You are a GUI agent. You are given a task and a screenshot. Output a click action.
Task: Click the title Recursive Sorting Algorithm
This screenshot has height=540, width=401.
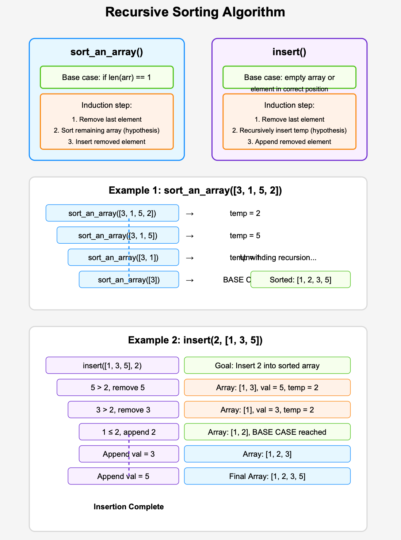(x=195, y=12)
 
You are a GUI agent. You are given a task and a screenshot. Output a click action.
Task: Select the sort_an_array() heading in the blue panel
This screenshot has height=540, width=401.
(x=107, y=52)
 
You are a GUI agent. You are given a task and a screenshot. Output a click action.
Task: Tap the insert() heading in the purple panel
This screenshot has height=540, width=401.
(x=289, y=52)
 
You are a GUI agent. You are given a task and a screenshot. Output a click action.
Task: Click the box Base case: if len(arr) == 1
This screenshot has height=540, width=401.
(x=107, y=77)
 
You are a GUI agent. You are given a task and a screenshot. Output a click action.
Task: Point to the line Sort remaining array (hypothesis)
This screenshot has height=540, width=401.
(x=107, y=130)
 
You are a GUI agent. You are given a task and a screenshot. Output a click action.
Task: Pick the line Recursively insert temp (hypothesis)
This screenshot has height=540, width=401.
(x=289, y=130)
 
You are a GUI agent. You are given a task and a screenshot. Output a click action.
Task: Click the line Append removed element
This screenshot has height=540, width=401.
(x=289, y=142)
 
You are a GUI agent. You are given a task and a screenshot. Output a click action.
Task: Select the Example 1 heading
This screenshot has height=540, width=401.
(x=195, y=190)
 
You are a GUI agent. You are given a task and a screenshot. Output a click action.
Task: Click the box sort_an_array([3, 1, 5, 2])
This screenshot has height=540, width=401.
(x=112, y=213)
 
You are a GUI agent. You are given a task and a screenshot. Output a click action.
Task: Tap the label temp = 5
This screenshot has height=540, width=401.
(x=245, y=236)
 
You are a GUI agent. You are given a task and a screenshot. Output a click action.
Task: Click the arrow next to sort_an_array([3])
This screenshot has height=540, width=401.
(x=190, y=280)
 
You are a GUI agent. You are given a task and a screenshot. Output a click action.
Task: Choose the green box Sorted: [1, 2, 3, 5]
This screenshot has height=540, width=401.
(x=300, y=280)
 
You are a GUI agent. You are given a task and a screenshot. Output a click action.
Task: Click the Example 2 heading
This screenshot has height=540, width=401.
(x=195, y=340)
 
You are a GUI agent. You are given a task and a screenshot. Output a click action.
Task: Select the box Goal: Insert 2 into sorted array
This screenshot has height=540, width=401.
(x=267, y=365)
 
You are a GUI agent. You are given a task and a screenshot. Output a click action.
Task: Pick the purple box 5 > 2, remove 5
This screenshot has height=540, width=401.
(x=118, y=388)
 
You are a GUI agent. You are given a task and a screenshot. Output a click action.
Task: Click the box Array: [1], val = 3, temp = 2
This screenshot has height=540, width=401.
(x=267, y=410)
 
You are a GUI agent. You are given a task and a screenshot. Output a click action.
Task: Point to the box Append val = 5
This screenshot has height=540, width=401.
(x=123, y=476)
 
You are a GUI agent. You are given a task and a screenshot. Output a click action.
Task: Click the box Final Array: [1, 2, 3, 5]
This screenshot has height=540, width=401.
(x=267, y=476)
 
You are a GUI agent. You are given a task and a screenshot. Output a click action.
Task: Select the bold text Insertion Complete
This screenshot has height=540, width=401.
(x=129, y=507)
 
